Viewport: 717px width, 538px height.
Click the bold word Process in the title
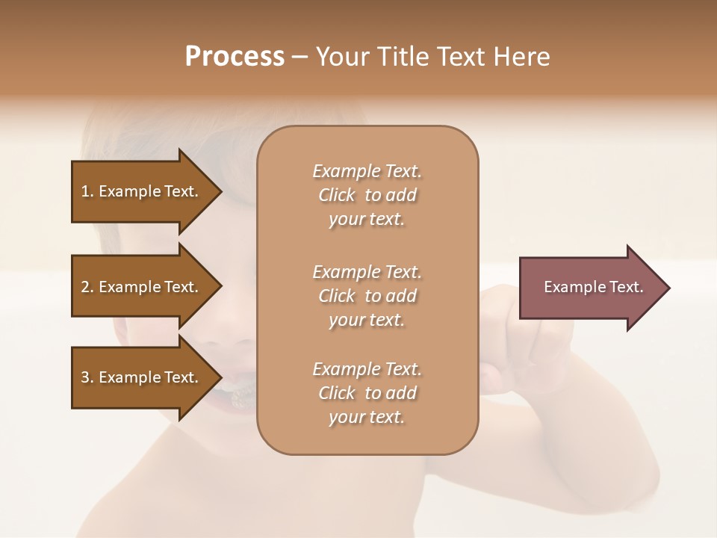[235, 57]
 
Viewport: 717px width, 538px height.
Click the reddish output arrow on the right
[590, 287]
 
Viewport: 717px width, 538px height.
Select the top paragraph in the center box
[367, 195]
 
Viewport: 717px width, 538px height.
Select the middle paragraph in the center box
[367, 296]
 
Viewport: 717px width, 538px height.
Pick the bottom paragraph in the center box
[367, 393]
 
